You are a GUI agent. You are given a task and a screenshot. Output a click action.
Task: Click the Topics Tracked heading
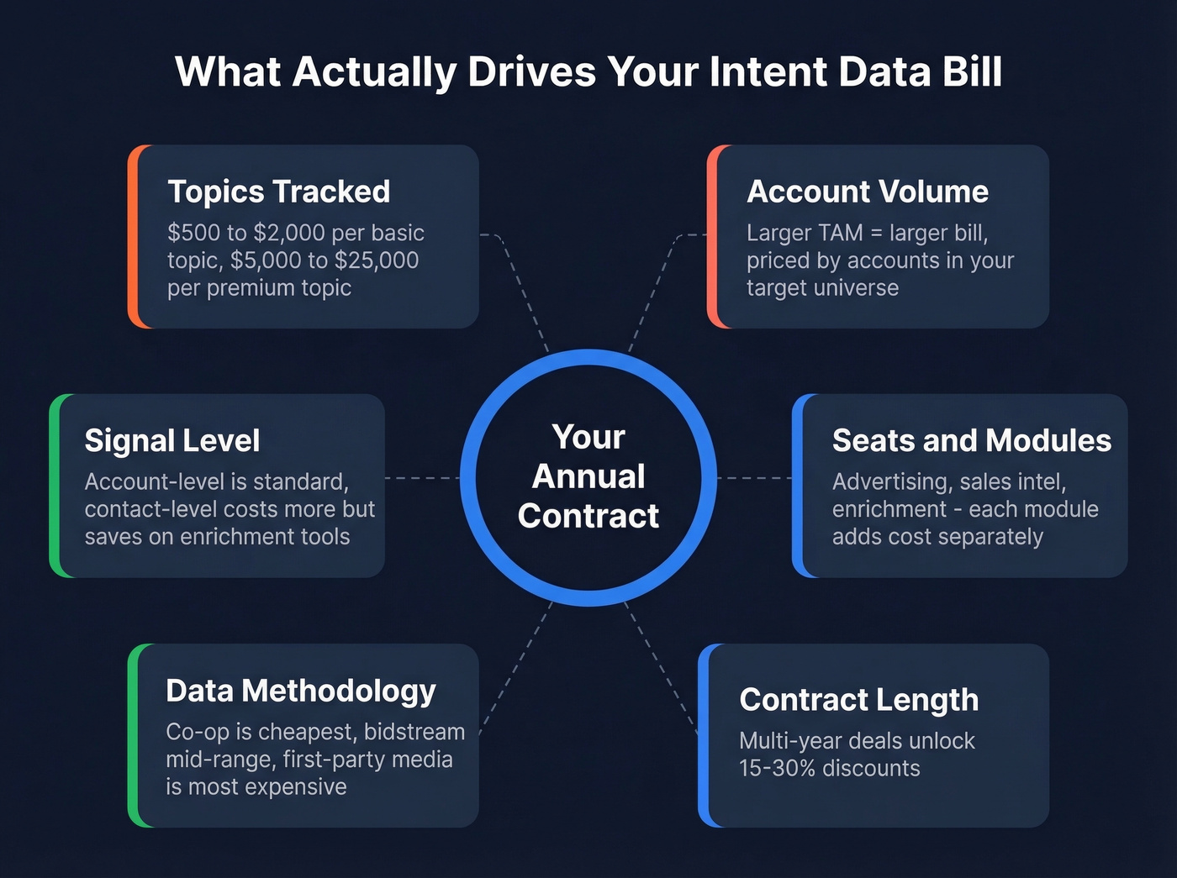(278, 192)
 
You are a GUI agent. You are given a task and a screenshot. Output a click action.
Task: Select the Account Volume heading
(867, 192)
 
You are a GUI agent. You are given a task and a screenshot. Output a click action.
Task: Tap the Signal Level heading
(172, 441)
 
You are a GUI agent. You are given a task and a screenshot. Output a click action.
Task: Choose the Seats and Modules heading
(971, 441)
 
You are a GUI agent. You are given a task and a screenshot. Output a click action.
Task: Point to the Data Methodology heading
(300, 691)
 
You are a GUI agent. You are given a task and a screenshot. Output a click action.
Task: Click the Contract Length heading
(858, 700)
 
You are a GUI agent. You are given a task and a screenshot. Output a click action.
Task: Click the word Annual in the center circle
(588, 476)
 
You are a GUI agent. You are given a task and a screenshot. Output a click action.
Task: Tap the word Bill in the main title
(972, 71)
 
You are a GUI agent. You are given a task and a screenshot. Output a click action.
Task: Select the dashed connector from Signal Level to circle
(422, 478)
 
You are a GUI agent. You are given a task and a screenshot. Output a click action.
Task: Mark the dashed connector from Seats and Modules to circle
(754, 478)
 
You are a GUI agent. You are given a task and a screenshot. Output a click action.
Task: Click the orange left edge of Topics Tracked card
(133, 236)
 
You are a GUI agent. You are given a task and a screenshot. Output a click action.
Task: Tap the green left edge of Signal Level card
(55, 486)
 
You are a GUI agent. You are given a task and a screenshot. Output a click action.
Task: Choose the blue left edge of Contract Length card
(704, 735)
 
